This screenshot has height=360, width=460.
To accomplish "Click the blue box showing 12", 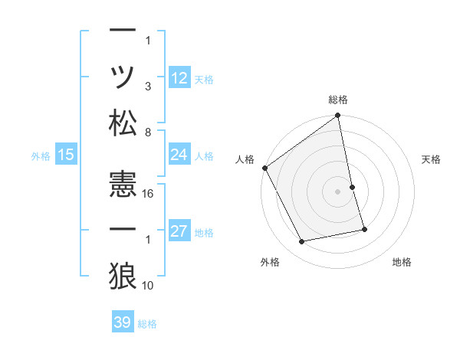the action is [179, 77].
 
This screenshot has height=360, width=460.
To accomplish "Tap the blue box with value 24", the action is [179, 155].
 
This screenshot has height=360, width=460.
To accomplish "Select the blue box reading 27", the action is [179, 232].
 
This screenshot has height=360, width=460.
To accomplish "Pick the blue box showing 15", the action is [66, 155].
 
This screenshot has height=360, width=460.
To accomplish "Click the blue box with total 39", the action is [122, 322].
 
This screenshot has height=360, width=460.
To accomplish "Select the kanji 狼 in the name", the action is [123, 273].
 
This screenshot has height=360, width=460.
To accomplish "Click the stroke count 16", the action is [149, 194].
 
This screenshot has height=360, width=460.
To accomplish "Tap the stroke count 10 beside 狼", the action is [149, 285].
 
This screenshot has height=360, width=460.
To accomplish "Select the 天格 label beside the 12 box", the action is [205, 80].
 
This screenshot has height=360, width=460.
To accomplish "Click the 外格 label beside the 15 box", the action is [41, 156].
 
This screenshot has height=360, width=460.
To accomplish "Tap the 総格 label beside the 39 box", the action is [147, 324].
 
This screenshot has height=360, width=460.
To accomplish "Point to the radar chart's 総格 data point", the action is [338, 116].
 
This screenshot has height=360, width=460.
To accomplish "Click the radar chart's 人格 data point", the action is [265, 168].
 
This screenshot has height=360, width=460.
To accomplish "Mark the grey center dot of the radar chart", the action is [338, 191].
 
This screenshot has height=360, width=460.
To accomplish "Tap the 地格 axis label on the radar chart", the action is [402, 263].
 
